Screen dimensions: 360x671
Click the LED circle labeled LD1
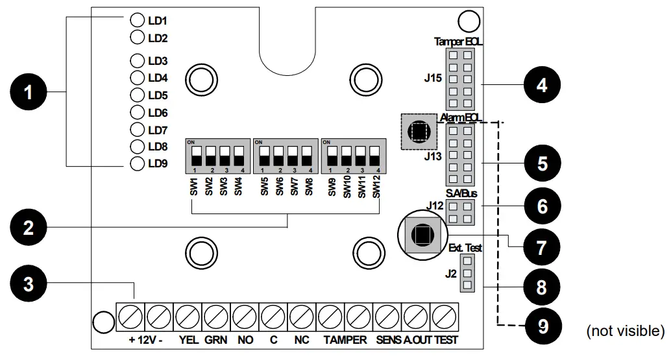pos(137,20)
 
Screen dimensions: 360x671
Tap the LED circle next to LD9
pos(137,163)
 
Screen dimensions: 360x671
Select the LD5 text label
pos(158,95)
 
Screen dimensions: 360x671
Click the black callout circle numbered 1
pos(27,93)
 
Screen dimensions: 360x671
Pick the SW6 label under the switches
pos(280,187)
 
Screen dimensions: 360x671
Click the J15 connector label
pos(433,79)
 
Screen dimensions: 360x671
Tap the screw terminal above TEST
pos(445,317)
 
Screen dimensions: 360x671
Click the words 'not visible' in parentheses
pos(625,331)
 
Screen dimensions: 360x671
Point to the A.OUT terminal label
pos(417,340)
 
